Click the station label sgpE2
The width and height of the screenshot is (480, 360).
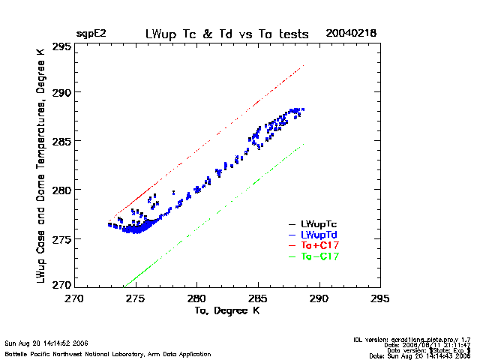click(x=91, y=34)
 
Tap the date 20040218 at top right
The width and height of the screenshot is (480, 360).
click(x=351, y=34)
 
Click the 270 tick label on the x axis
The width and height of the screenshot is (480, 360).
click(x=74, y=298)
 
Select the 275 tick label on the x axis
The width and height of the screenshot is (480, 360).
click(x=136, y=298)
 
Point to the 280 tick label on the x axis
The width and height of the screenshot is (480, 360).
click(x=197, y=298)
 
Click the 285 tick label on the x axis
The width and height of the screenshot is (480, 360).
click(x=258, y=298)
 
